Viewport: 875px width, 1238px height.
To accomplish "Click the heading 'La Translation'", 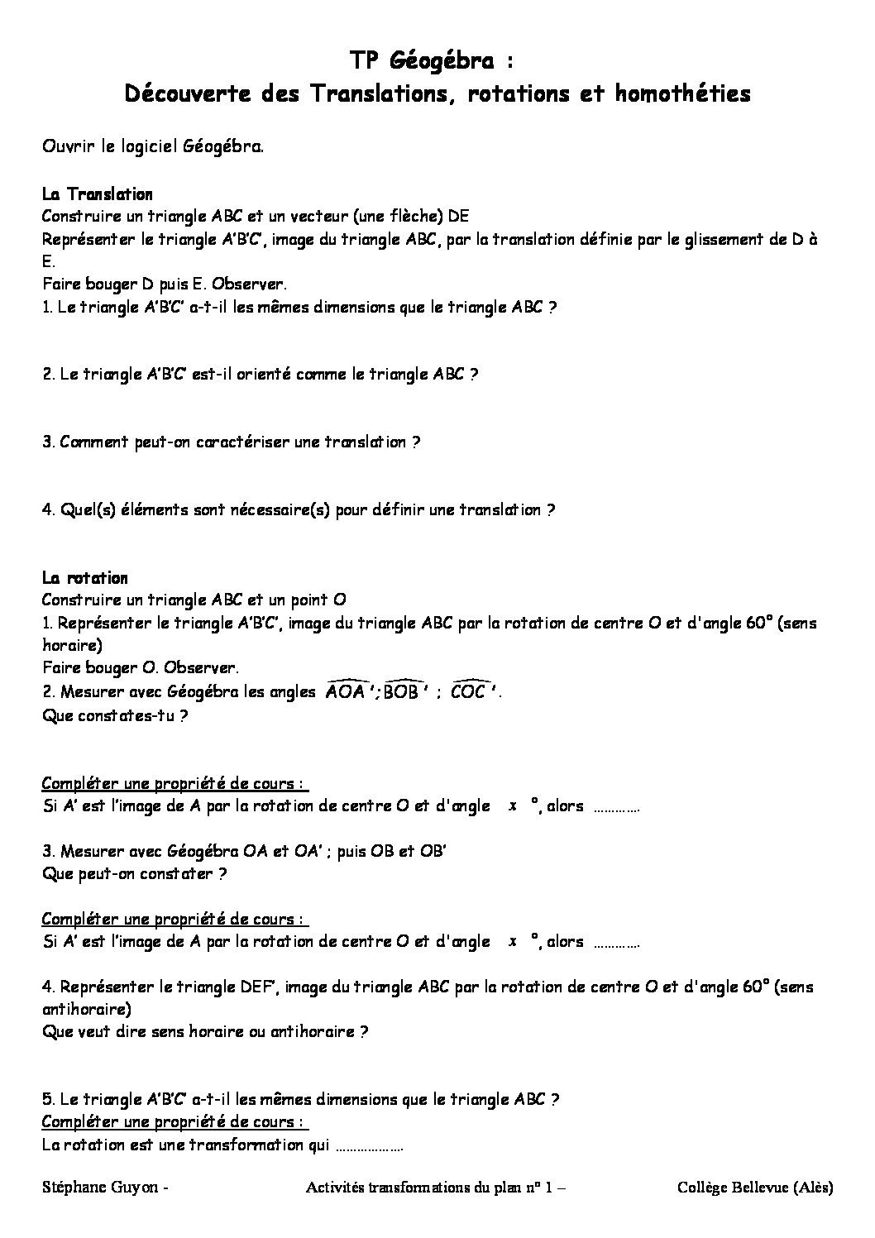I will coord(98,194).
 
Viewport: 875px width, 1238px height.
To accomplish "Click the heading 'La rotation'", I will coord(85,577).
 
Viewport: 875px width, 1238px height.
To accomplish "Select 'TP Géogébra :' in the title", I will coord(437,60).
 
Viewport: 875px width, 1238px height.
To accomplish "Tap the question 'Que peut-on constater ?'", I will coord(135,872).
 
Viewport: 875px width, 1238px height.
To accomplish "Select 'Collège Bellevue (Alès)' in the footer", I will coord(754,1188).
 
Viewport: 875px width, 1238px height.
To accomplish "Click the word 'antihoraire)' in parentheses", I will coord(85,1009).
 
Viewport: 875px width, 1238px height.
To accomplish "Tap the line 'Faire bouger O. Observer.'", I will coord(140,667).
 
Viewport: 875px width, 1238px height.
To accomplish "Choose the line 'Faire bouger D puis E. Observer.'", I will coord(165,284).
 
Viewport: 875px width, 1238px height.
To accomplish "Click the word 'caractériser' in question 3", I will coord(226,442).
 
